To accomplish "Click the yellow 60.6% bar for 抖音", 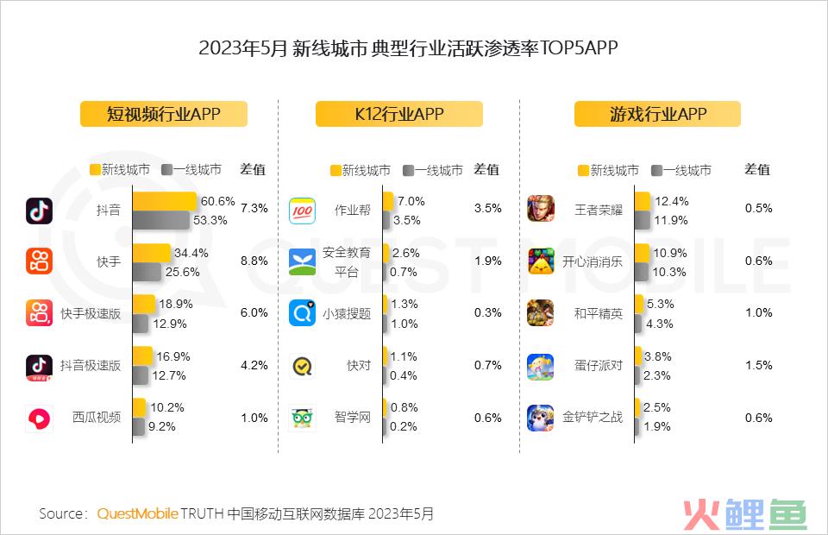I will click(x=165, y=201).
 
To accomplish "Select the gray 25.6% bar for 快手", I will click(x=147, y=272).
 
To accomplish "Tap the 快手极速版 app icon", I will click(x=40, y=313).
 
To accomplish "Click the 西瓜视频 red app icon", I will click(x=40, y=418).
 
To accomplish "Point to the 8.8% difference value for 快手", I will click(x=254, y=261).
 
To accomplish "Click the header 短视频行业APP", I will click(x=164, y=114).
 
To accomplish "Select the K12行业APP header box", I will click(x=398, y=114).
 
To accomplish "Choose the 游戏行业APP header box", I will click(x=657, y=114).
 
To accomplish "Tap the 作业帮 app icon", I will click(x=302, y=211).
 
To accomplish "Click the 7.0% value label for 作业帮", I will click(x=411, y=201).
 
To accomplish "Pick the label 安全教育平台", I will click(x=347, y=261).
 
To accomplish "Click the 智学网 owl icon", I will click(x=302, y=418).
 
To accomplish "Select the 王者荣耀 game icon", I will click(x=541, y=209).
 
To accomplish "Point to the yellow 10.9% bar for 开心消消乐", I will click(x=642, y=253).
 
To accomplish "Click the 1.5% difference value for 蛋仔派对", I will click(x=758, y=365).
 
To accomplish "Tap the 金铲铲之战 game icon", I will click(x=541, y=418).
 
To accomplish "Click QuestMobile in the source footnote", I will click(x=137, y=513).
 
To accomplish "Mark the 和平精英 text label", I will click(x=598, y=313).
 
